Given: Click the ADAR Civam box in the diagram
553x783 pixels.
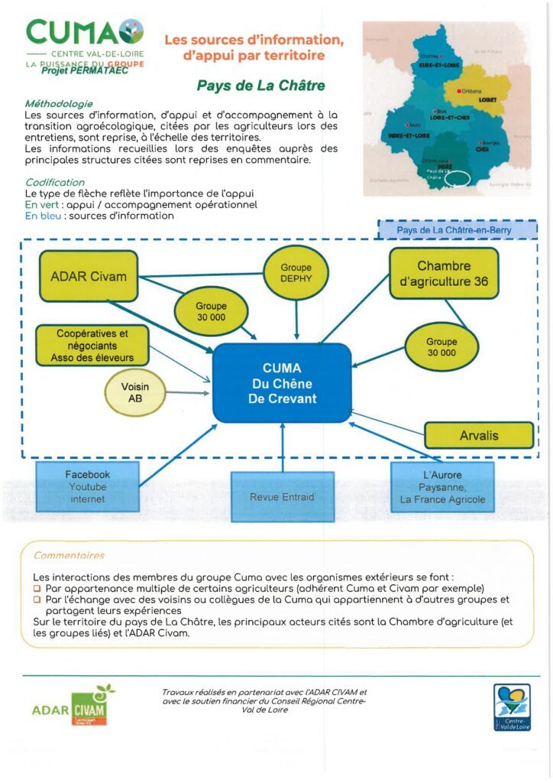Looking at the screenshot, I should (88, 276).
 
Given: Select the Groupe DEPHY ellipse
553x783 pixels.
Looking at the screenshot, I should (296, 274).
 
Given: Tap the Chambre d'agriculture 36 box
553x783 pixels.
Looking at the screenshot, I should (443, 275).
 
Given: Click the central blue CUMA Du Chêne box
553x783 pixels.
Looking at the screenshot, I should (282, 382).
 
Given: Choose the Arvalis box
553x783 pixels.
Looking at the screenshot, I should (479, 435).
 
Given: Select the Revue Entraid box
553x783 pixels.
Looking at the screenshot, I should (282, 497).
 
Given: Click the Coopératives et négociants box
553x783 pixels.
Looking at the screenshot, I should (92, 346).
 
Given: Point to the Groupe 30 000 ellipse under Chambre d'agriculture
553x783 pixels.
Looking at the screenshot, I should (441, 347).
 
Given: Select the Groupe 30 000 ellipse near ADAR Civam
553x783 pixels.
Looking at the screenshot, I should (211, 311).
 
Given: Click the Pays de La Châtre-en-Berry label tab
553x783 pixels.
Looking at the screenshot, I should (457, 229).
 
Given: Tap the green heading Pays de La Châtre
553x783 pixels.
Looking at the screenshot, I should (261, 86).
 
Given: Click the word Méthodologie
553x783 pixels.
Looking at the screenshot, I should (59, 103).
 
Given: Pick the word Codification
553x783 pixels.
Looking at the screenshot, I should (55, 183).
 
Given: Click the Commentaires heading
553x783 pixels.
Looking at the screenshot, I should (69, 556).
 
